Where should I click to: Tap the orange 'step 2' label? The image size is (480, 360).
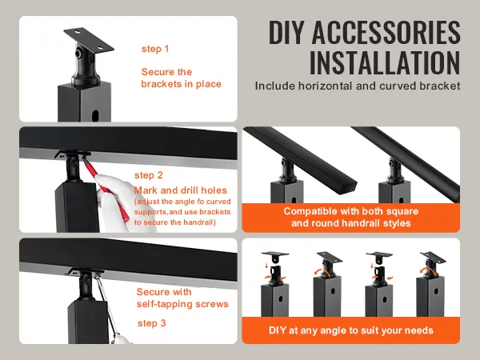[x=149, y=174]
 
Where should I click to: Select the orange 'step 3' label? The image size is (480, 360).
[x=152, y=322]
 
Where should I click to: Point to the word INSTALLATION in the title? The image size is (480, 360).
[x=385, y=62]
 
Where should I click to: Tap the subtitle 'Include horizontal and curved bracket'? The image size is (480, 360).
[x=358, y=85]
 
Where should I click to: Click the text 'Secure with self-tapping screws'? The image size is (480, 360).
[x=182, y=298]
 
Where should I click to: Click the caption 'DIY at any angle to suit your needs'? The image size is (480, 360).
[x=351, y=329]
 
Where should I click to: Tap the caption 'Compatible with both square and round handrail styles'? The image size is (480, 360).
[x=351, y=218]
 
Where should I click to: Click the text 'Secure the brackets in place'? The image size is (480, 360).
[x=181, y=78]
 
